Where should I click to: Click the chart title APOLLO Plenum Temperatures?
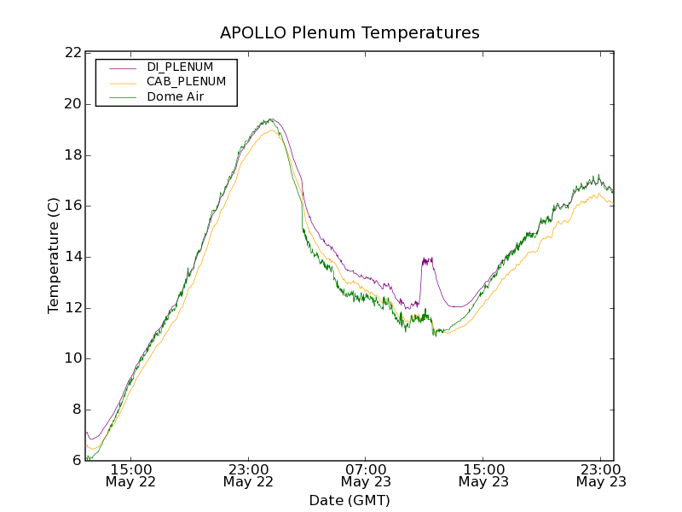pyautogui.click(x=350, y=33)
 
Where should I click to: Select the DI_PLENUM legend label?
pyautogui.click(x=180, y=67)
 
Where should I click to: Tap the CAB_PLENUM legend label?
pyautogui.click(x=186, y=82)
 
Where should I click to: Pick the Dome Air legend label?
pyautogui.click(x=176, y=97)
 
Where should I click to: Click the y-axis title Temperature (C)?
pyautogui.click(x=54, y=255)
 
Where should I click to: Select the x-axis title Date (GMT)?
pyautogui.click(x=350, y=500)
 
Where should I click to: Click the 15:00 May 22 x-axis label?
pyautogui.click(x=131, y=475)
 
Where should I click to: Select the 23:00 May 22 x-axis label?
pyautogui.click(x=249, y=475)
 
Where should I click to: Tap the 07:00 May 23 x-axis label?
pyautogui.click(x=367, y=475)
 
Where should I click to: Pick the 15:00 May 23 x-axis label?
pyautogui.click(x=483, y=475)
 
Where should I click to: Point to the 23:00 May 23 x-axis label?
pyautogui.click(x=601, y=475)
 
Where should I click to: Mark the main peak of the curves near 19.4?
pyautogui.click(x=271, y=119)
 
